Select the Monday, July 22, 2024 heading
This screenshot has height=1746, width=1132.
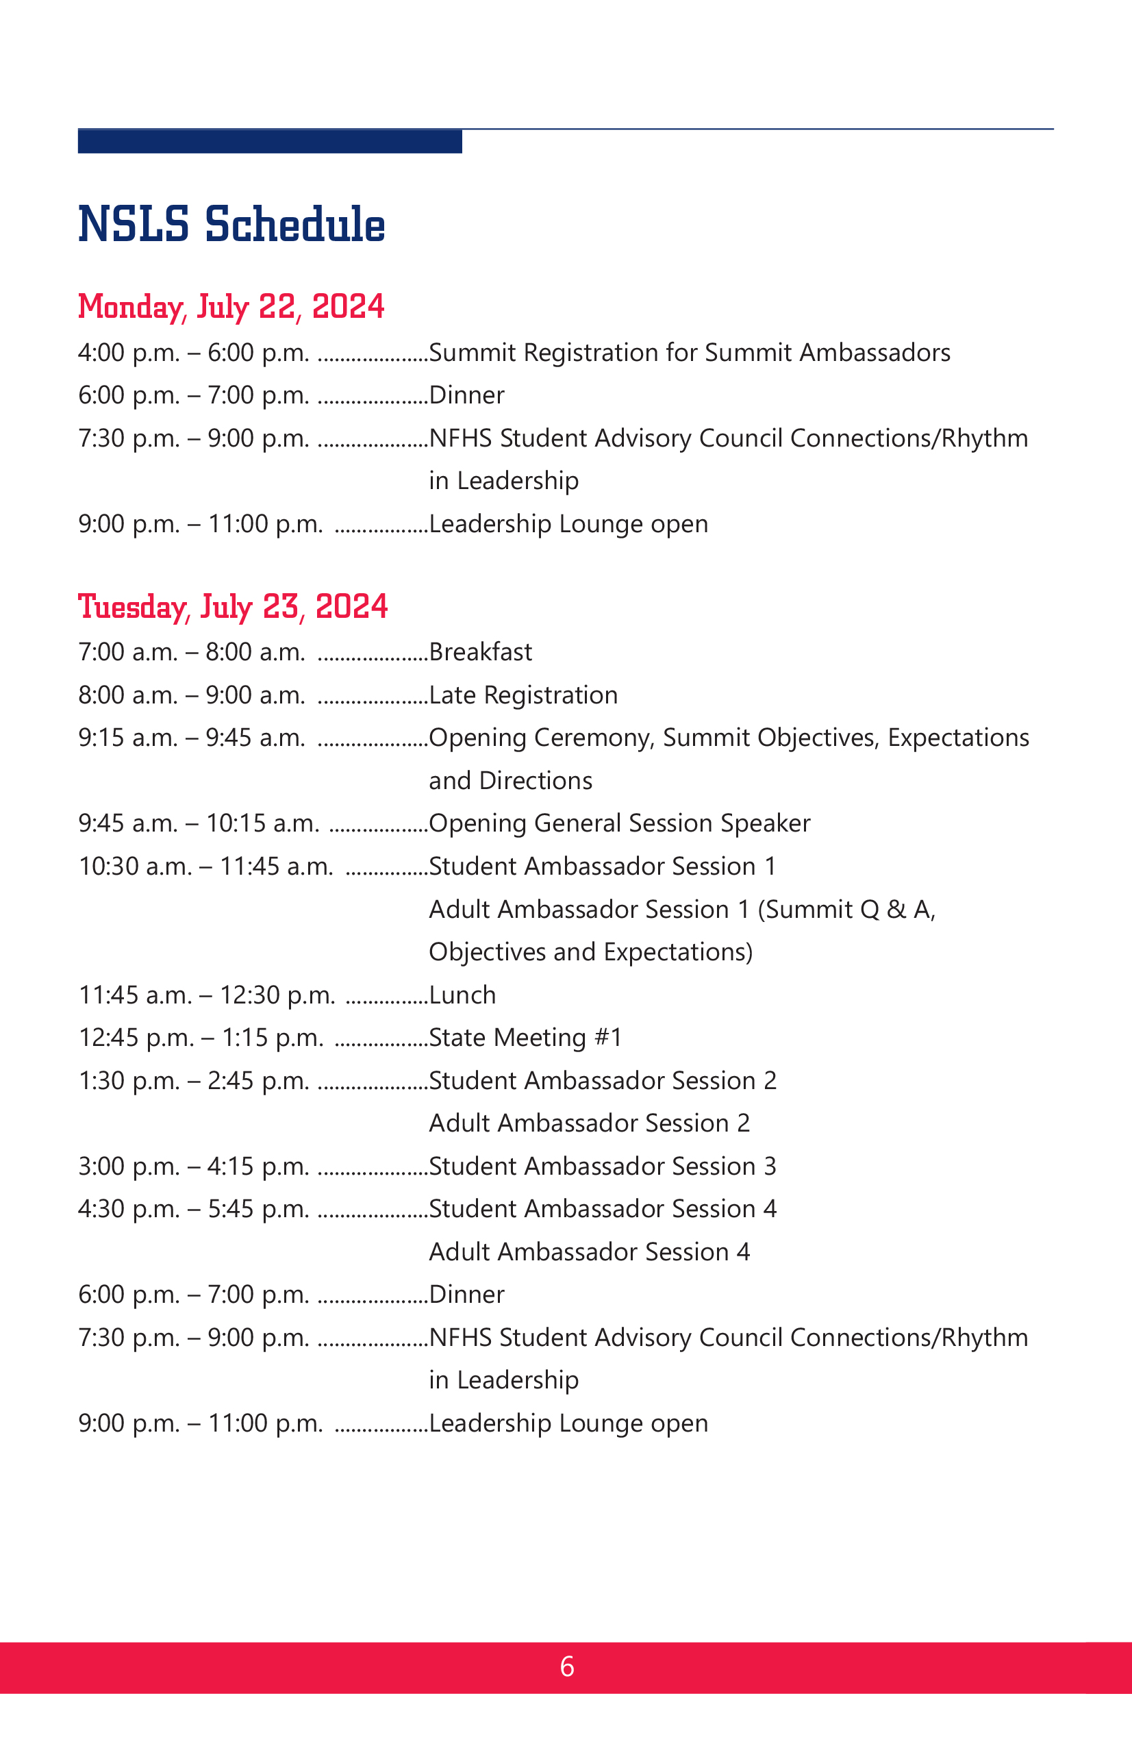point(231,307)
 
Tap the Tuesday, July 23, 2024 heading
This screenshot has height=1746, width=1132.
point(233,607)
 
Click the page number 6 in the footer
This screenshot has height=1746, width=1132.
point(566,1667)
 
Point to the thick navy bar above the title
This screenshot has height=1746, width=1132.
point(269,141)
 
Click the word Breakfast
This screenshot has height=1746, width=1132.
point(481,652)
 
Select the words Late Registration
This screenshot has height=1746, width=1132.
point(523,695)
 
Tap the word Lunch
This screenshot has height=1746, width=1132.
point(462,995)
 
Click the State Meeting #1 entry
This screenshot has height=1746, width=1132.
point(525,1037)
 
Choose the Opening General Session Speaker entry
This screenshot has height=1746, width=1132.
point(619,823)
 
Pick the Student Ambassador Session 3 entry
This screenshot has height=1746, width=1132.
point(603,1166)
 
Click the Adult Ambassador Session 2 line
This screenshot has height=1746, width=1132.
point(589,1123)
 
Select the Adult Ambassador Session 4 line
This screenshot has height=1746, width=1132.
point(589,1251)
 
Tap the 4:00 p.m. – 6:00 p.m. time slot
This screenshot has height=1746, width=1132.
point(194,353)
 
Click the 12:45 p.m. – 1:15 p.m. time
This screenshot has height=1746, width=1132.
point(200,1037)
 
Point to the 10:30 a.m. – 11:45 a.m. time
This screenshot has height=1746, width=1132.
point(205,866)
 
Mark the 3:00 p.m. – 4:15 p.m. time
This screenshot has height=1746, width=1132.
point(194,1166)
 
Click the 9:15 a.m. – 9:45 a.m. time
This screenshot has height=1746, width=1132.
point(192,737)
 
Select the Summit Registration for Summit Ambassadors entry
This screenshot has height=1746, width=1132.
point(690,353)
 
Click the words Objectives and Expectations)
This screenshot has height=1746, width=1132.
point(590,952)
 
